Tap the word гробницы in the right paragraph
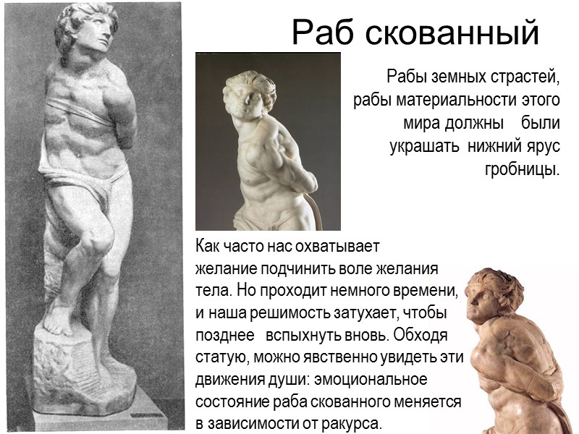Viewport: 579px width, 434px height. click(522, 171)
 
